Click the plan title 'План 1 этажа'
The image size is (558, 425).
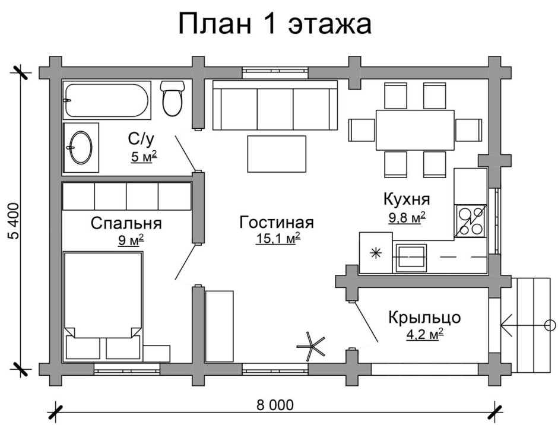pos(275,26)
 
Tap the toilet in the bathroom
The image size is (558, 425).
pos(173,99)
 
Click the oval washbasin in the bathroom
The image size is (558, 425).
pos(80,148)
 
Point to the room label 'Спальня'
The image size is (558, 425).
pos(126,223)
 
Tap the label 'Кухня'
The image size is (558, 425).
pos(407,198)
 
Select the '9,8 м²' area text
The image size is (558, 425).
pos(407,217)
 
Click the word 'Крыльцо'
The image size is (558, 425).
pos(424,318)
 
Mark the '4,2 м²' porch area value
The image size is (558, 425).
pos(424,335)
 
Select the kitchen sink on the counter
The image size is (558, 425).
pos(411,256)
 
